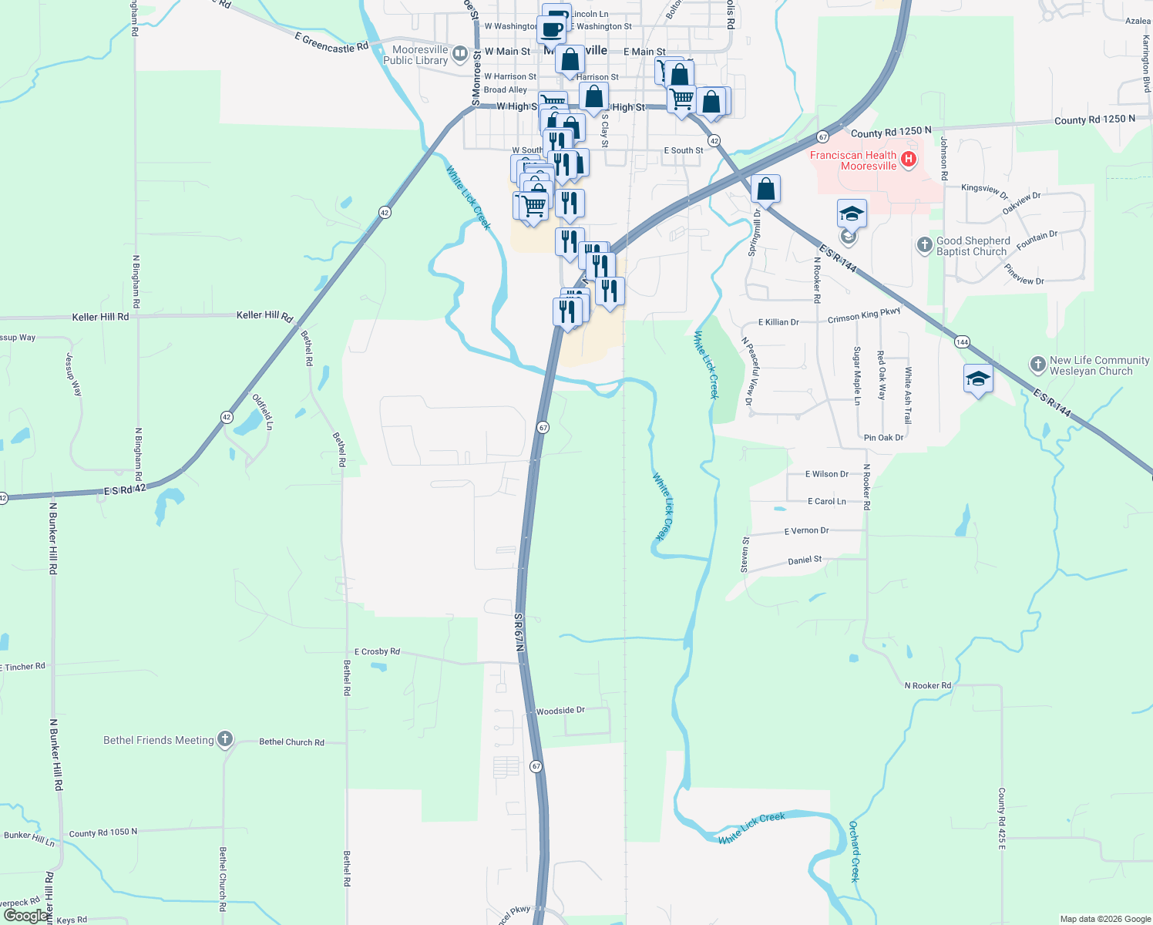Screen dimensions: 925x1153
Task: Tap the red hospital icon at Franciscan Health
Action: (x=909, y=160)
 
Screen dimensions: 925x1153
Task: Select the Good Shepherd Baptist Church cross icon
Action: (x=925, y=246)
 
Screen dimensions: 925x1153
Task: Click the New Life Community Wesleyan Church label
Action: (x=1091, y=365)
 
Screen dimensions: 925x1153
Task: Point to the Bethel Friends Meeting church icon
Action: (x=225, y=739)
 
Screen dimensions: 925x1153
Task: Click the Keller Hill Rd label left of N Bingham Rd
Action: (x=100, y=317)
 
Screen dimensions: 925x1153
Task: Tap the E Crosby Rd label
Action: (x=377, y=651)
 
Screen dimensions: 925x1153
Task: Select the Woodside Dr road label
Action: (x=560, y=711)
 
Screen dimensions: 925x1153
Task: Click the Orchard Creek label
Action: (x=854, y=851)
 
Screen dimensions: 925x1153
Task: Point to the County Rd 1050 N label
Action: (x=103, y=832)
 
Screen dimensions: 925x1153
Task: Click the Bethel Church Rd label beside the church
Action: (x=291, y=742)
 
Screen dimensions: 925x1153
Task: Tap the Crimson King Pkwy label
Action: (x=864, y=315)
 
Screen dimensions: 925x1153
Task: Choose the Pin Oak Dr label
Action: (x=883, y=438)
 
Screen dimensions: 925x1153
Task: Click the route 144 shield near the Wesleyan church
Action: (x=961, y=341)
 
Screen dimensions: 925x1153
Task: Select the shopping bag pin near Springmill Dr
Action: (x=765, y=189)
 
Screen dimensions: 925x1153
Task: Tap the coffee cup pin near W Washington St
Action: (x=552, y=29)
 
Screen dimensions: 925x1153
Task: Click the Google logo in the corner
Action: (x=25, y=915)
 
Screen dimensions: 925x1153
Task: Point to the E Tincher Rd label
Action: (x=24, y=667)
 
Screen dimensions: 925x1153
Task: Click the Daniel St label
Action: (x=805, y=560)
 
